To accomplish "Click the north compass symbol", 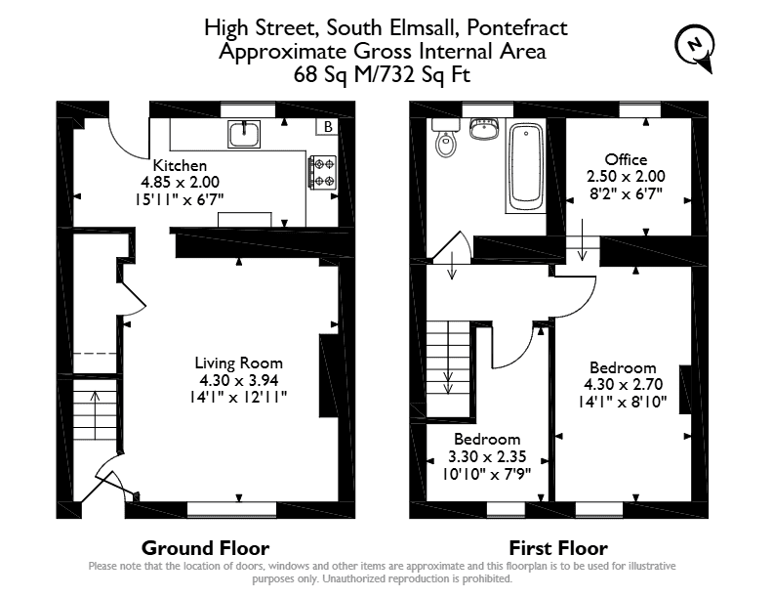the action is coord(695,48).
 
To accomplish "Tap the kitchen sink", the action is coord(244,134).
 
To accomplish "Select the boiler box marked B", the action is coord(327,127).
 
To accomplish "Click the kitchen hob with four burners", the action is coord(323,172).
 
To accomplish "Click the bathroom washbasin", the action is coord(484,128).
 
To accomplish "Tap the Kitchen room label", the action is coord(180,165).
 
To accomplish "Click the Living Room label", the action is coord(238,363).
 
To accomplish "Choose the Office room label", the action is coord(626,159).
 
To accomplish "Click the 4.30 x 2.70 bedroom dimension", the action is coord(623,384).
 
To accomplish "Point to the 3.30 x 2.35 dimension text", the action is coord(487,456).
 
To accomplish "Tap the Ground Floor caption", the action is coord(206,548).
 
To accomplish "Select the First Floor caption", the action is coord(558,548).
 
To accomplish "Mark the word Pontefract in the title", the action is coord(517,27).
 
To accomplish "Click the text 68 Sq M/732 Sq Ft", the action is coord(382,74).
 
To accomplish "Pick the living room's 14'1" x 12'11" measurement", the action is coord(238,397).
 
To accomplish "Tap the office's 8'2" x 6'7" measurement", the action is coord(626,193).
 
